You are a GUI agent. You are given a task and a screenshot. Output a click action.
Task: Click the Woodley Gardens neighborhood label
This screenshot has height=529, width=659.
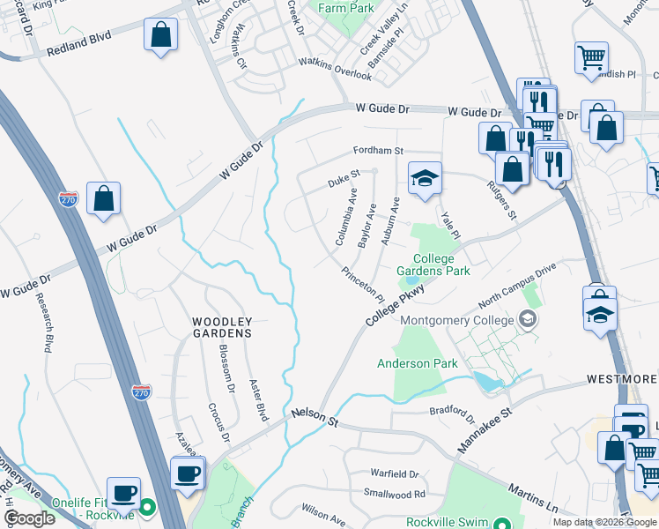click(x=222, y=327)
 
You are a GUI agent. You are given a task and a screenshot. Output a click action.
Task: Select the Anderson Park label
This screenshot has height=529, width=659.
click(x=417, y=363)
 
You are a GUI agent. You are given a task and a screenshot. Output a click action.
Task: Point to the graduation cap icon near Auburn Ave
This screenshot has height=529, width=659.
click(x=424, y=179)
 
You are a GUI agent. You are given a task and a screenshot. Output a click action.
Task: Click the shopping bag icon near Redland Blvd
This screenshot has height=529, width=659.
click(x=160, y=36)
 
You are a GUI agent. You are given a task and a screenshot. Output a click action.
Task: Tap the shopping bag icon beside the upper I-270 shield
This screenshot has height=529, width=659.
click(x=104, y=199)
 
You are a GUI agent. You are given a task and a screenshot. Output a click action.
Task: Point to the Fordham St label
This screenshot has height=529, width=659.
click(x=378, y=151)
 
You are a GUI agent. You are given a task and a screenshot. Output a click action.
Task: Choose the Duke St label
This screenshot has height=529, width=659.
click(x=344, y=181)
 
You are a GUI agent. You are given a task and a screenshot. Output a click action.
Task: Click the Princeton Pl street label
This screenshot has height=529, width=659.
click(x=363, y=283)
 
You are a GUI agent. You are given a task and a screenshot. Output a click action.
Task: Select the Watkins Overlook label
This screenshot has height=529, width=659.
click(x=335, y=68)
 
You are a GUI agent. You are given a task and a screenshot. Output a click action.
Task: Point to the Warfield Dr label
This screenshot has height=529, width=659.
click(x=394, y=473)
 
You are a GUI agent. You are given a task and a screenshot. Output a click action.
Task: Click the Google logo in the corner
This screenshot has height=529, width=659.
click(x=29, y=518)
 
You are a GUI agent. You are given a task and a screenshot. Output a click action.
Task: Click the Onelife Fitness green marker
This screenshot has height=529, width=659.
click(x=148, y=509)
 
